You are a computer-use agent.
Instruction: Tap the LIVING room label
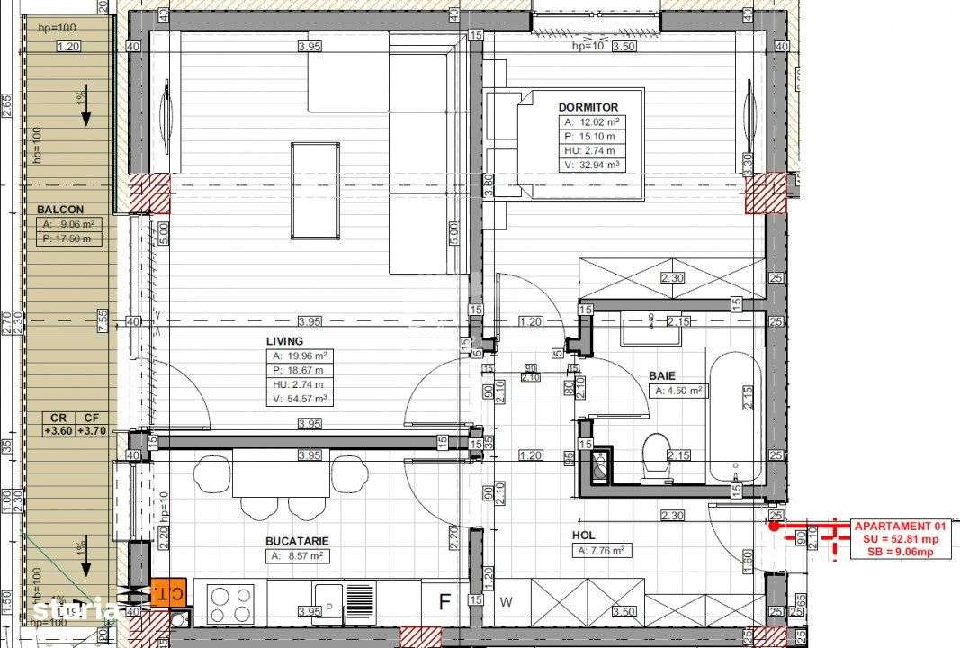284,341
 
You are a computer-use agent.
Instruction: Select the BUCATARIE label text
297,541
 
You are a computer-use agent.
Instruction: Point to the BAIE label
662,376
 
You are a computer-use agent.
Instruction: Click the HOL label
584,535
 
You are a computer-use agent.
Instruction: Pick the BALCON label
60,209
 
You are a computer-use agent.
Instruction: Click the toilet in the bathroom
656,456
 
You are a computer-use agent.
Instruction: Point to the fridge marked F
444,600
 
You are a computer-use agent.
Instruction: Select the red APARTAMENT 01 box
901,539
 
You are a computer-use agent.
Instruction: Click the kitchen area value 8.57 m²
297,556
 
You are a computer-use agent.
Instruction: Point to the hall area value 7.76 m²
602,551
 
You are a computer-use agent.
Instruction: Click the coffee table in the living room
315,191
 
